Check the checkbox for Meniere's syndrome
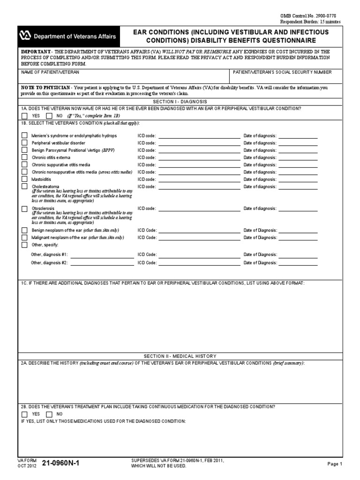tap(24, 135)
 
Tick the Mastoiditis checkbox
tap(24, 179)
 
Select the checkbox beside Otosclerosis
tap(24, 209)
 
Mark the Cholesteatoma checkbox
tap(24, 187)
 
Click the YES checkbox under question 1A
tap(24, 115)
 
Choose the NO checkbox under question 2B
tap(49, 414)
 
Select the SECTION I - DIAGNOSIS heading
tap(180, 101)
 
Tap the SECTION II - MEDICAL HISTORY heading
tap(180, 356)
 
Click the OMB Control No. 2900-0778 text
tap(310, 16)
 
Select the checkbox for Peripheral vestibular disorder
tap(24, 142)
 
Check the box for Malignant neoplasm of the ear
tap(24, 238)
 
